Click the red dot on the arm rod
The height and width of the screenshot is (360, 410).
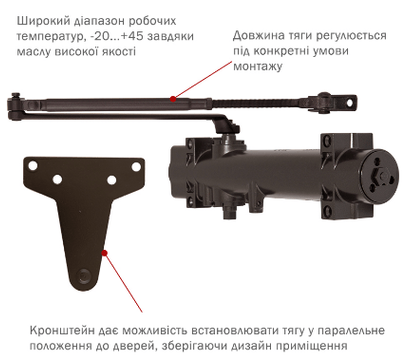click(173, 99)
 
